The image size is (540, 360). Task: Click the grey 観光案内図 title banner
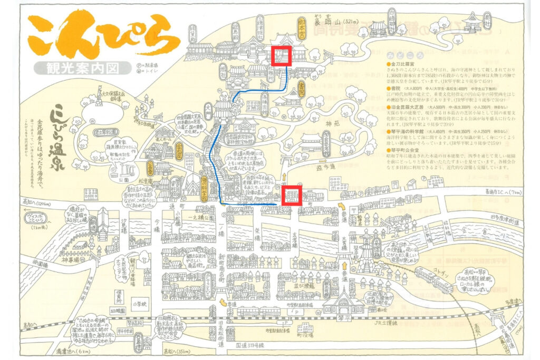click(82, 67)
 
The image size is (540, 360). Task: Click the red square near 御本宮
click(282, 55)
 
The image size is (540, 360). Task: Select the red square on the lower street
click(292, 194)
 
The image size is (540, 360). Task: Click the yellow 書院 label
click(302, 87)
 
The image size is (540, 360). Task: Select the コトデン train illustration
click(432, 279)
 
